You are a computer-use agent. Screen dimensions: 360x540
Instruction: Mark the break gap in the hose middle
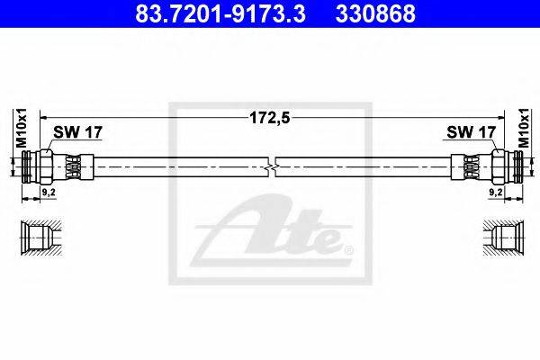273,167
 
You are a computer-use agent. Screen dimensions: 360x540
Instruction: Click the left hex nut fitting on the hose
72,167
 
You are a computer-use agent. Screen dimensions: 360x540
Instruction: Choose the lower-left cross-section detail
40,238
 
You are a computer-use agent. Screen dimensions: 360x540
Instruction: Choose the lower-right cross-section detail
499,238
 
